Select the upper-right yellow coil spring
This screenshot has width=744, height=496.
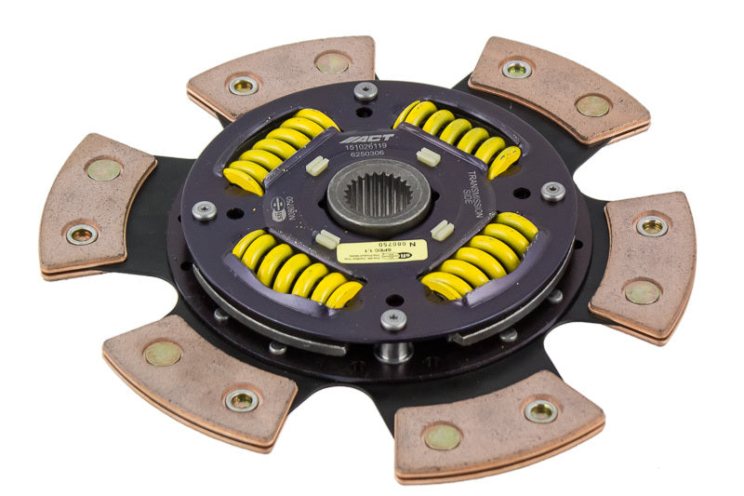[x=458, y=137]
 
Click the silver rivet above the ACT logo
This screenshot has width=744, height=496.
[x=365, y=91]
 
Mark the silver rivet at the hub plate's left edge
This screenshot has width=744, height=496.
[x=205, y=210]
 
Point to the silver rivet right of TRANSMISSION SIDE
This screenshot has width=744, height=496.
[x=552, y=192]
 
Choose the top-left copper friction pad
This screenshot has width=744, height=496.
[x=281, y=77]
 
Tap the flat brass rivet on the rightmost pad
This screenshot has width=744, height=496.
[x=642, y=292]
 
